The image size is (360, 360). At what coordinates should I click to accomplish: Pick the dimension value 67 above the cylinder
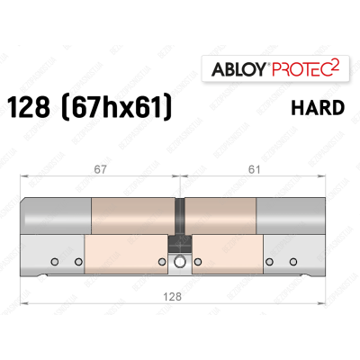pos(101,166)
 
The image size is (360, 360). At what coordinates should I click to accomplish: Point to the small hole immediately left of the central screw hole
pos(161,262)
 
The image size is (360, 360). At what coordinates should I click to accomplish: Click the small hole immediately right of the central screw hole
pos(197,262)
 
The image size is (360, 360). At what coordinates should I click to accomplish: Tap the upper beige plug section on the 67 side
pos(130,216)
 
